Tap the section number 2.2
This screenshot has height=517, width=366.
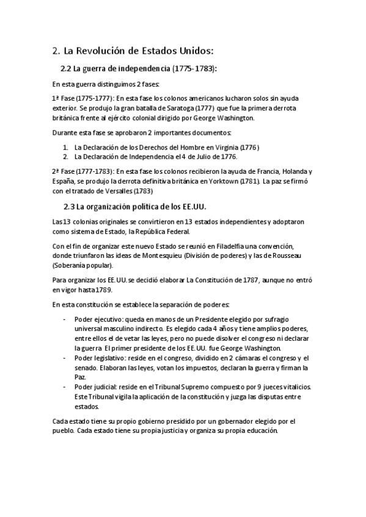point(67,68)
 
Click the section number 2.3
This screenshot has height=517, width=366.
point(71,206)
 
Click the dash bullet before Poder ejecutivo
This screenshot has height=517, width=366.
point(65,319)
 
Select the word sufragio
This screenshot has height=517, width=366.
point(274,319)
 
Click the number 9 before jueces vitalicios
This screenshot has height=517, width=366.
point(251,387)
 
